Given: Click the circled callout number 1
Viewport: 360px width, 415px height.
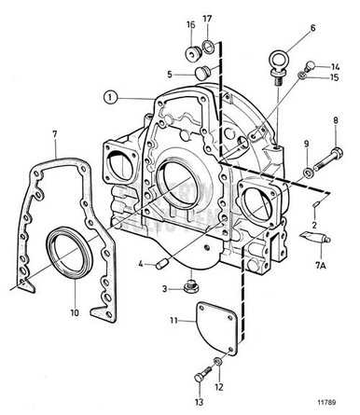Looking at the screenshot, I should point(110,95).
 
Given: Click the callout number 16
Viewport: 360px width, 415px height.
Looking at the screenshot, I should point(190,24).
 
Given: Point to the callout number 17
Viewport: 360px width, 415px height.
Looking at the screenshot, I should point(208,19).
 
